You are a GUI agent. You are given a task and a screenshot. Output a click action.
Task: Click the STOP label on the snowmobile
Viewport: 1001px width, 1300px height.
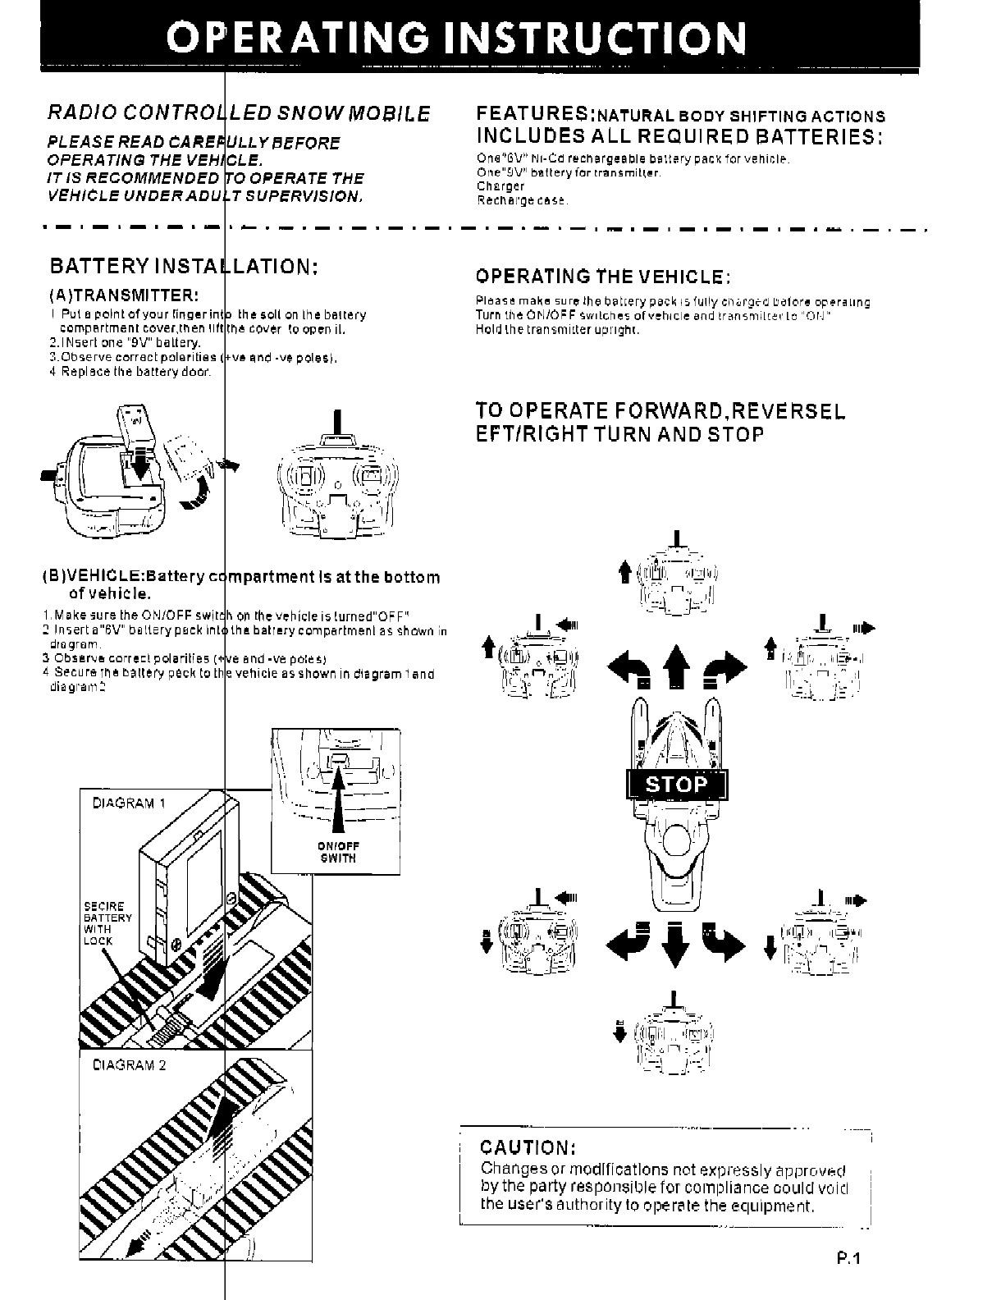675,785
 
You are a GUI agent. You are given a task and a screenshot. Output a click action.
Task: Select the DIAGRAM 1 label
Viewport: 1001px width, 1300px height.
128,803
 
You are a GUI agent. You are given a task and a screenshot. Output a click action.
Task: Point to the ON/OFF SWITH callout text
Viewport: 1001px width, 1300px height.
338,853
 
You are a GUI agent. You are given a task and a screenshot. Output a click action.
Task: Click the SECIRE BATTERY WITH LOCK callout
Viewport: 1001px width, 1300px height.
107,923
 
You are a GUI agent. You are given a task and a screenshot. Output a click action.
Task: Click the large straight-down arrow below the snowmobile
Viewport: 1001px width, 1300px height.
674,944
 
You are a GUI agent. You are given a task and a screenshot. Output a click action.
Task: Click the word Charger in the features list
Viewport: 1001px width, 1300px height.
494,186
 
